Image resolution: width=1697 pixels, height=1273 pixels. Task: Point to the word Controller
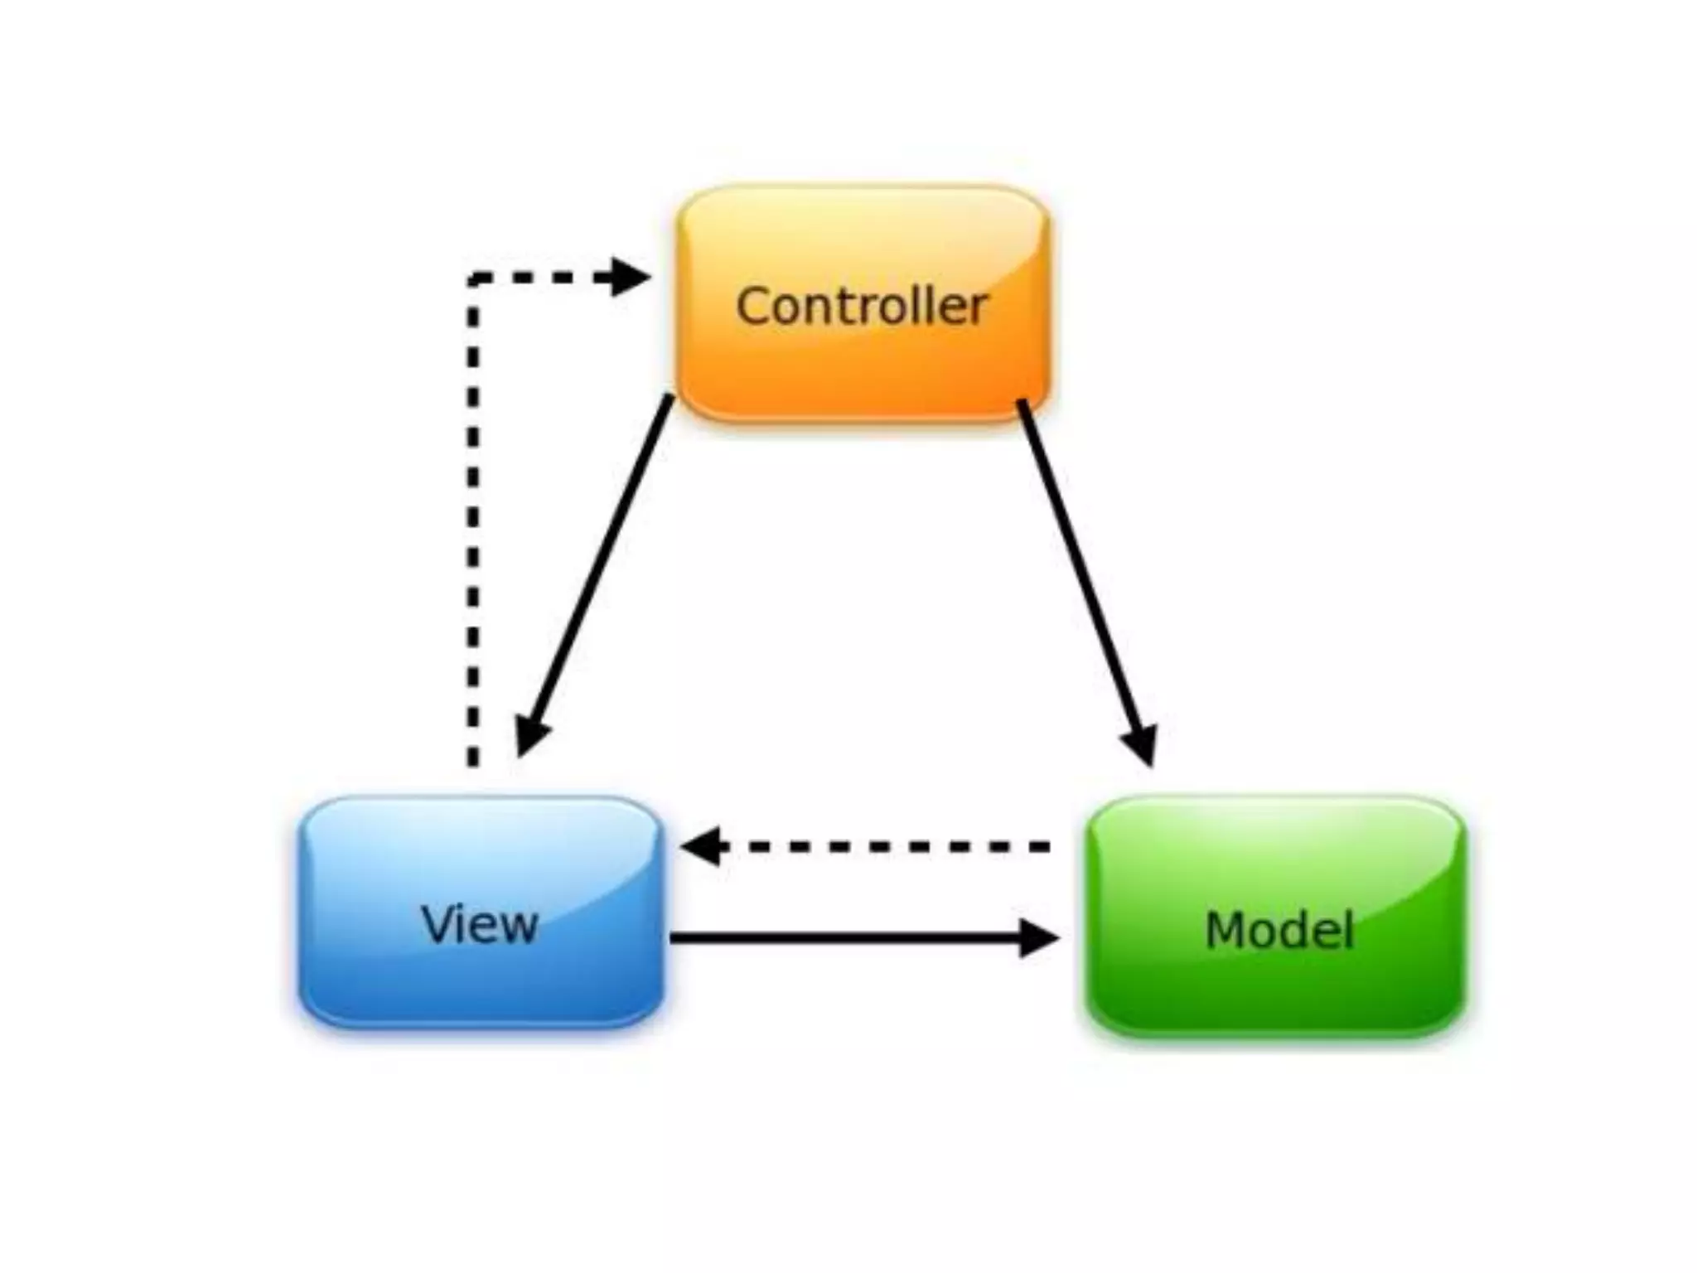pyautogui.click(x=862, y=306)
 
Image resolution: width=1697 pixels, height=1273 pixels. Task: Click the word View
pyautogui.click(x=480, y=923)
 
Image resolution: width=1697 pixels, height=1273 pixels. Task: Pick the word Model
pyautogui.click(x=1279, y=929)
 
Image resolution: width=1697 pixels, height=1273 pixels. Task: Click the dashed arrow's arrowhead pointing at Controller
pyautogui.click(x=630, y=277)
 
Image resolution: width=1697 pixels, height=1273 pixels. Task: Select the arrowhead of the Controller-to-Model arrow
pyautogui.click(x=1142, y=746)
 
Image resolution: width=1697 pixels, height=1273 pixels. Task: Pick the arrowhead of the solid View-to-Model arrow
pyautogui.click(x=1037, y=938)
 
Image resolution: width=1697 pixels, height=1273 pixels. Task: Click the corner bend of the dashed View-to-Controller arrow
pyautogui.click(x=473, y=278)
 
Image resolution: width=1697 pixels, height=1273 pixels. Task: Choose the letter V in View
pyautogui.click(x=438, y=923)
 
